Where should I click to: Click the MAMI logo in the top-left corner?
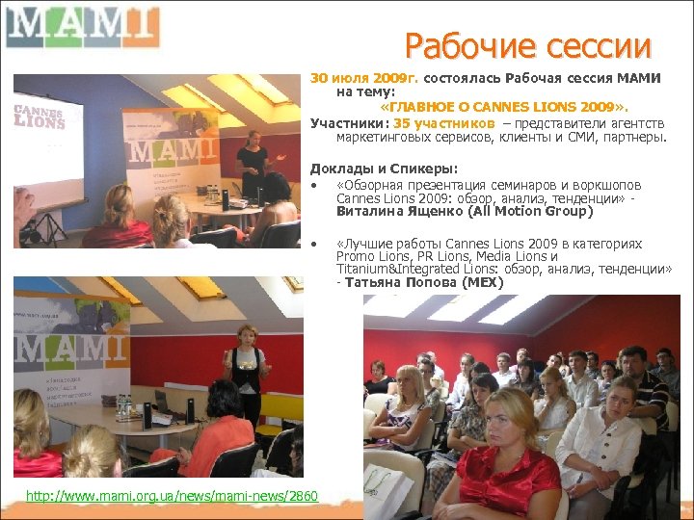81,27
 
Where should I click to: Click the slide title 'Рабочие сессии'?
528,45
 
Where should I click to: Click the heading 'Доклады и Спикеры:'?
370,169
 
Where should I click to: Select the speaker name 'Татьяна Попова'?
399,283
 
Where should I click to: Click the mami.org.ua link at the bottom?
172,496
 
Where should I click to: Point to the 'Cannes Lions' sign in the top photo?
40,116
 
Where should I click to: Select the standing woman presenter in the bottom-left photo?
245,371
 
